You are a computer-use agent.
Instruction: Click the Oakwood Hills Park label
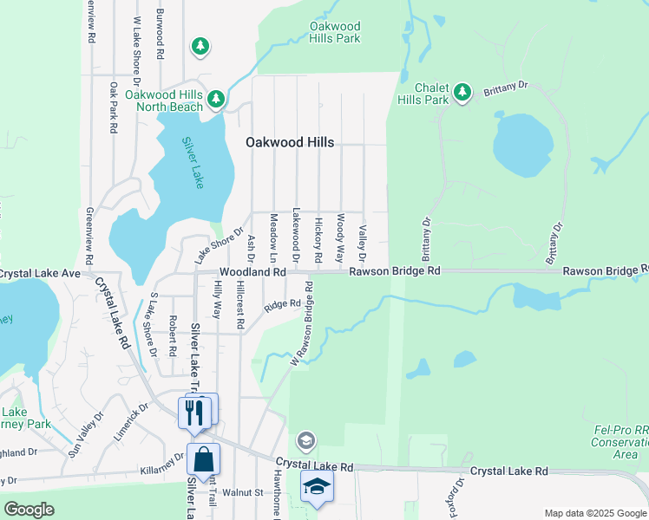coord(335,33)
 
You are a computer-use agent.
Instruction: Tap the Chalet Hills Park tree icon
coord(462,91)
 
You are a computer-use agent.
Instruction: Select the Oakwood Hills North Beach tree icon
coord(215,100)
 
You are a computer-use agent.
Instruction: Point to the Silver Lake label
coord(192,162)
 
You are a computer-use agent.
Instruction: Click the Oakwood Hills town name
coord(289,142)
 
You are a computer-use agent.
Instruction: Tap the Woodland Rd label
coord(252,272)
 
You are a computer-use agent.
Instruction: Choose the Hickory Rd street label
coord(318,239)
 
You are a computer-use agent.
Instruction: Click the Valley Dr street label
coord(363,244)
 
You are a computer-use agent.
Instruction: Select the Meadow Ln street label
coord(273,238)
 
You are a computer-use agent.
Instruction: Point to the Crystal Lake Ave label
coord(39,273)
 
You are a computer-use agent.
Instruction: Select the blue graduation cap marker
coord(318,487)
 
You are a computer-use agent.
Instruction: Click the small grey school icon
coord(305,441)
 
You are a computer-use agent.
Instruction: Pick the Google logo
coord(29,510)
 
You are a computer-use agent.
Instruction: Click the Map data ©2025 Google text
coord(595,513)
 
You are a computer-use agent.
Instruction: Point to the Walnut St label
coord(242,492)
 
